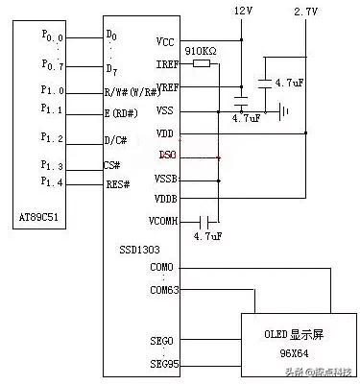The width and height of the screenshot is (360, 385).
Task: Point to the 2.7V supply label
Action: coord(305,11)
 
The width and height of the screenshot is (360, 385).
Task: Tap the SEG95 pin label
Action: coord(162,363)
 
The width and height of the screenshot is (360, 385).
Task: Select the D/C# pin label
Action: coord(116,140)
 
